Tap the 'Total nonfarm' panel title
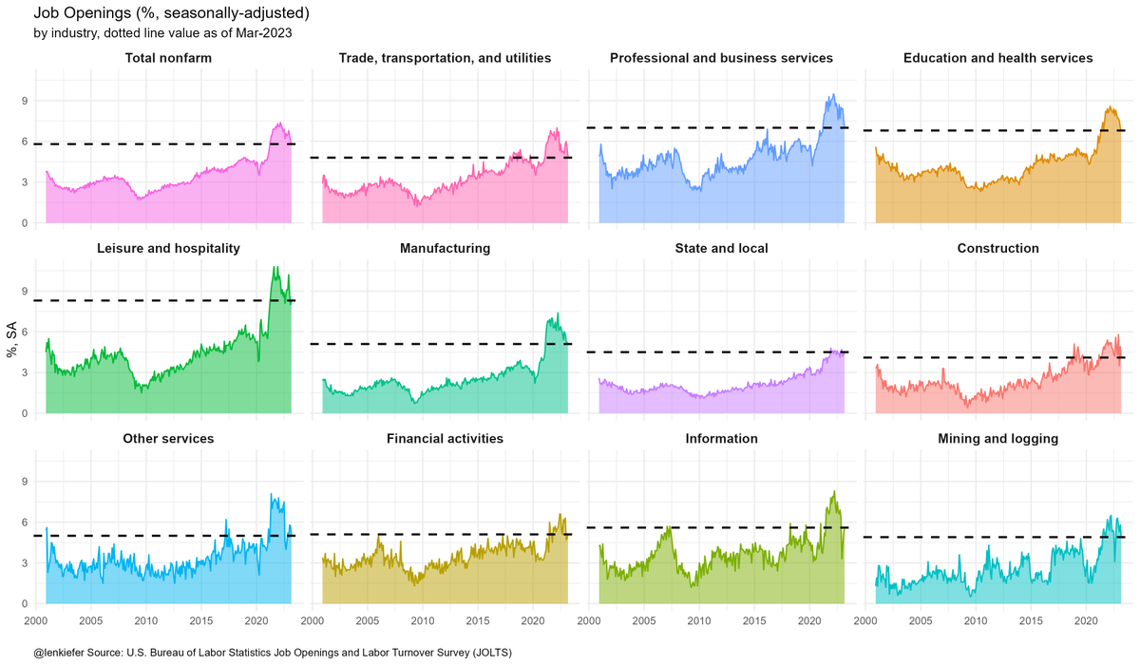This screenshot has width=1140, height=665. tap(168, 58)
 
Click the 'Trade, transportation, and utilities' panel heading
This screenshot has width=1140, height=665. tap(445, 58)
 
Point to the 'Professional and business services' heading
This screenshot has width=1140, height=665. tap(721, 58)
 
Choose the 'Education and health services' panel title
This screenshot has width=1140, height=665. tap(997, 58)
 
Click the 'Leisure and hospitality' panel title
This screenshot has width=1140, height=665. tap(168, 248)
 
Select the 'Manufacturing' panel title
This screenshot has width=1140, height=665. tap(445, 248)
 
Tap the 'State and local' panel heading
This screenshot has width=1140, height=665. tap(721, 248)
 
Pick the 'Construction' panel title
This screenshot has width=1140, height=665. tap(997, 248)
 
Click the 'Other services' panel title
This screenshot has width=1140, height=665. tap(168, 438)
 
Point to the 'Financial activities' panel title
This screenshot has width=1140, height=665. tap(445, 438)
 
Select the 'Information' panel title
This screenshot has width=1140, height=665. tap(721, 438)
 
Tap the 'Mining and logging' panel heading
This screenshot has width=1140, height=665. tap(997, 438)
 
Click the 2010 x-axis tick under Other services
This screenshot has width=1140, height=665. tap(145, 620)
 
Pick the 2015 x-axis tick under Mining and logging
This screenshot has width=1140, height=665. tap(1031, 620)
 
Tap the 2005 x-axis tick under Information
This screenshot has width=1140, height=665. tap(644, 620)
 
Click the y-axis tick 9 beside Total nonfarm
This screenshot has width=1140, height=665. tap(26, 101)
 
